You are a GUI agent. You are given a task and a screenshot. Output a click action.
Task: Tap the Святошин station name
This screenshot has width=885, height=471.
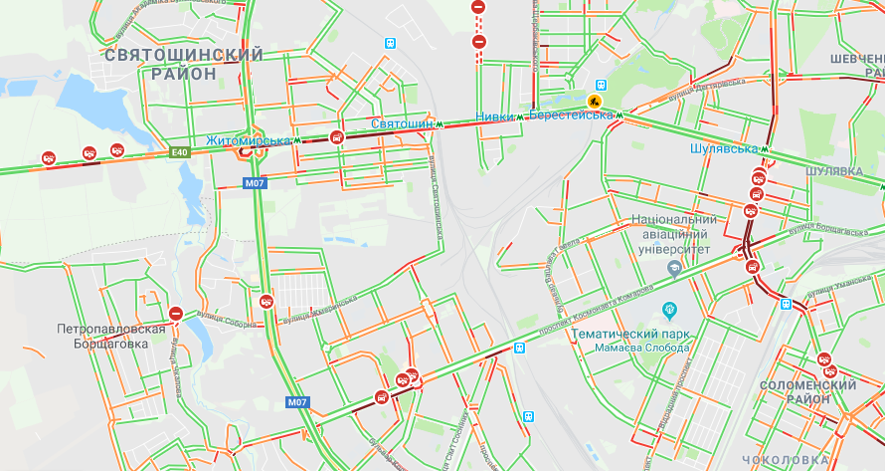coord(402,122)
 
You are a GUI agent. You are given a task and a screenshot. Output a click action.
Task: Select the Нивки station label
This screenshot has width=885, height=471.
coord(496,117)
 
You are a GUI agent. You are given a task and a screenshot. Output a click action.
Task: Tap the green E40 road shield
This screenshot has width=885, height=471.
coord(179,152)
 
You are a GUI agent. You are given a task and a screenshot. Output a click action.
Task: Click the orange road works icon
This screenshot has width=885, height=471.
coord(596,101)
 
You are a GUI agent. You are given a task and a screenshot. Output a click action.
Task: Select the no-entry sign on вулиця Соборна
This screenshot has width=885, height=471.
coord(176,314)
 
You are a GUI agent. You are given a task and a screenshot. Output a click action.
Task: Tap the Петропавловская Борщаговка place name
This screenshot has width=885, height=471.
coord(110,336)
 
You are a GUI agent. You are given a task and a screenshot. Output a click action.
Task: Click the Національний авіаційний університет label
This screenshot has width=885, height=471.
coord(674,233)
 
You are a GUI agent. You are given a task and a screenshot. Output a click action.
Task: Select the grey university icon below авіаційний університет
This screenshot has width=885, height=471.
coord(674,266)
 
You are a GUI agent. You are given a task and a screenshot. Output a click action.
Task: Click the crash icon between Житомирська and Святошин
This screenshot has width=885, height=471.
coord(337,138)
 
